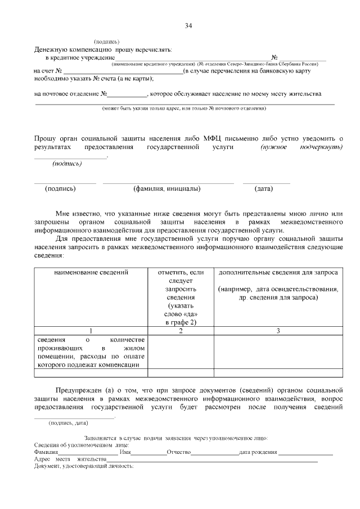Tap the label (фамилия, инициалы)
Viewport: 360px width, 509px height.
click(x=166, y=189)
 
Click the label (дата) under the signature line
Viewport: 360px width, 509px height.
click(x=264, y=189)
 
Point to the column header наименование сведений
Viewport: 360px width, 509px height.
click(x=91, y=273)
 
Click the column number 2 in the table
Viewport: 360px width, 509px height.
click(x=181, y=331)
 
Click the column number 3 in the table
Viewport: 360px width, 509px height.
click(x=278, y=331)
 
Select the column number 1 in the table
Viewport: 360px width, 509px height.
click(x=91, y=331)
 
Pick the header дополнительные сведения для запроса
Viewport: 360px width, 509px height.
click(x=278, y=273)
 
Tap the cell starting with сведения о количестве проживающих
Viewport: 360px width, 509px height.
click(x=91, y=352)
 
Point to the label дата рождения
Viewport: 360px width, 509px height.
click(x=258, y=452)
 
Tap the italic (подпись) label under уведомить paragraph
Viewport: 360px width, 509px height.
click(x=67, y=164)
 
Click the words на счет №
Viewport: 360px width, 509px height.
click(x=47, y=71)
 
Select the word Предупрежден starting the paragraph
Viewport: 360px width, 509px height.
click(x=78, y=390)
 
